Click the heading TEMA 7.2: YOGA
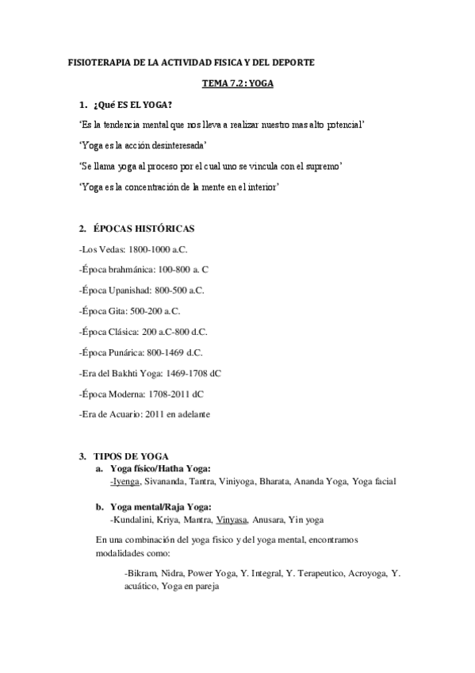point(237,83)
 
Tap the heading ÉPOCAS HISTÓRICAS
point(144,229)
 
